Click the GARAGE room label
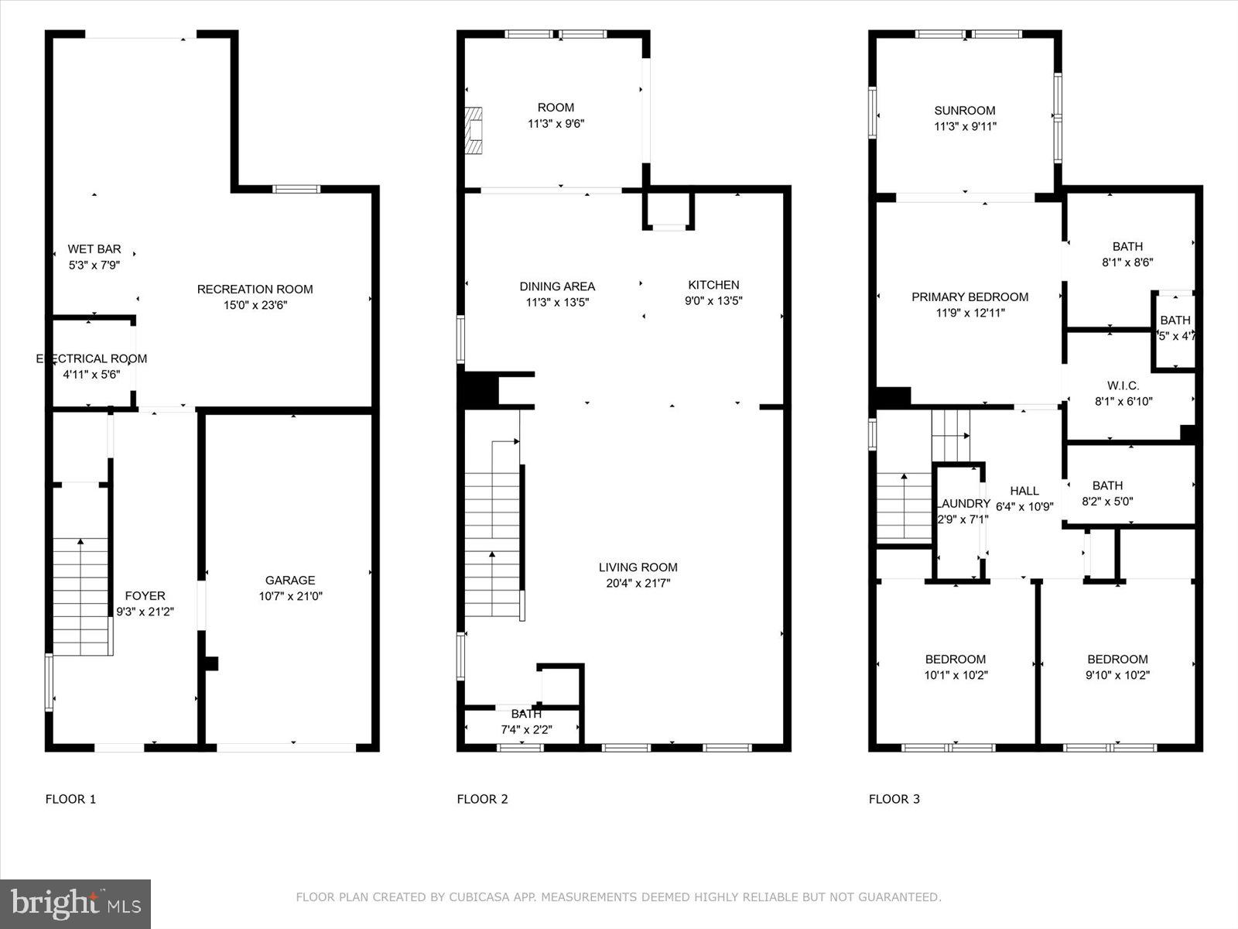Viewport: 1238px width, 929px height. coord(290,580)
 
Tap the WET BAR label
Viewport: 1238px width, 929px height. coord(94,249)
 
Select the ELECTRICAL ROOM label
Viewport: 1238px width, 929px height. coord(91,358)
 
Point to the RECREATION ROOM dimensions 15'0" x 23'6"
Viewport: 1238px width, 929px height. coord(255,305)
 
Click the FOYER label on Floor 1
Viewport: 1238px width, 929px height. coord(145,595)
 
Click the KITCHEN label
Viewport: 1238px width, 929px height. coord(713,285)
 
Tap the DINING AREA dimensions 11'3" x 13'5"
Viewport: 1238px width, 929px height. coord(557,302)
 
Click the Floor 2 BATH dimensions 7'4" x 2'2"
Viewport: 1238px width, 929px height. coord(526,729)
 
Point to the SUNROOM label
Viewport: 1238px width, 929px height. coord(964,110)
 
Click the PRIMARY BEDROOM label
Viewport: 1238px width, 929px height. coord(970,297)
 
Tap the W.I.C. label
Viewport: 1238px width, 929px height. coord(1123,386)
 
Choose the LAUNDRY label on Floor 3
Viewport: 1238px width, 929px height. coord(963,503)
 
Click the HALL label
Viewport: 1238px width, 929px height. coord(1024,491)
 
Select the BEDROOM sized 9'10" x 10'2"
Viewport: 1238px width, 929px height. coord(1117,660)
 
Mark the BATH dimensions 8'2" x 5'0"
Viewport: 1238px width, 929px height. coord(1107,501)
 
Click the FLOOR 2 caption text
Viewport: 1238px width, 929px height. coord(482,799)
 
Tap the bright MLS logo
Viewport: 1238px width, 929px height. coord(76,903)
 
